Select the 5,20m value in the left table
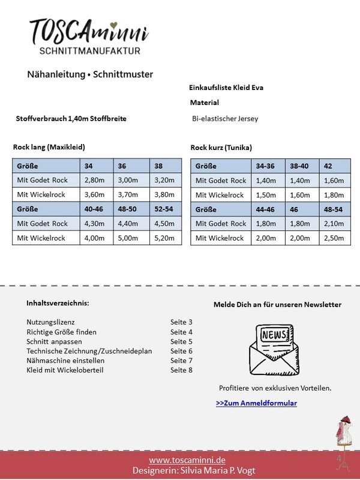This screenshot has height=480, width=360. click(x=165, y=238)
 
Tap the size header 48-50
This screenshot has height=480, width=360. click(x=131, y=209)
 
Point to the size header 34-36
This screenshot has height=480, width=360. click(x=267, y=166)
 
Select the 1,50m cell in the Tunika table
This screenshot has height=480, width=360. click(x=267, y=194)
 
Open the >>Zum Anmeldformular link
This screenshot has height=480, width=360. click(x=256, y=403)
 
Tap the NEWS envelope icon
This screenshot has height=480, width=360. click(x=274, y=349)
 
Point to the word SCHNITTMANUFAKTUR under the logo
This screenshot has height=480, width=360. click(x=89, y=51)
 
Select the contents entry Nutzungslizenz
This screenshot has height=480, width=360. click(x=50, y=322)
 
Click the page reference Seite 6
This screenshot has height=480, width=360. click(x=181, y=351)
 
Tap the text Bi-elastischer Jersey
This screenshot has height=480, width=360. click(x=225, y=119)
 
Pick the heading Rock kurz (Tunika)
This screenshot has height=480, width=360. click(x=221, y=148)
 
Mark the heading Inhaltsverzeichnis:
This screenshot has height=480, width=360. click(x=58, y=303)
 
